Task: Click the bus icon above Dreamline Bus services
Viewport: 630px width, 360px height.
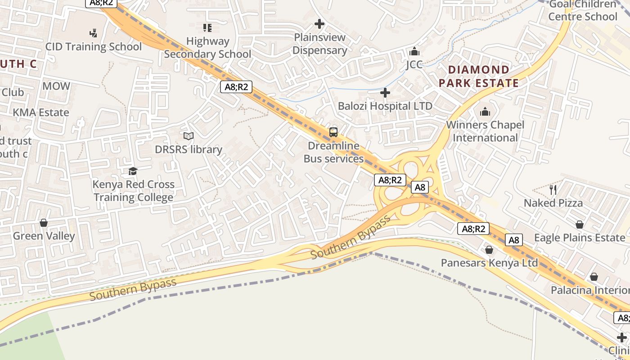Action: pos(333,132)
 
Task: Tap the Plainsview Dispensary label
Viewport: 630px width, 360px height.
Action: pos(319,44)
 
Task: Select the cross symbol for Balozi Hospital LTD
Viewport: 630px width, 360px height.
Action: pos(385,93)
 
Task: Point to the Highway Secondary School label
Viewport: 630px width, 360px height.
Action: pos(207,47)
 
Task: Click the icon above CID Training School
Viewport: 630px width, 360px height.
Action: pos(93,33)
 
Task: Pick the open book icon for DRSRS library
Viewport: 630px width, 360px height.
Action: pos(189,136)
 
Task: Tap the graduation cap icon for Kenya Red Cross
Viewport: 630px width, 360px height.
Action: pos(133,171)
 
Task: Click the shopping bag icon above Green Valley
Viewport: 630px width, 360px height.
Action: pos(44,223)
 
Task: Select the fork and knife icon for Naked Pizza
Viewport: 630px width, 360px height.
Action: pos(553,189)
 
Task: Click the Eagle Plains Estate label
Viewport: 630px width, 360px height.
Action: pos(579,238)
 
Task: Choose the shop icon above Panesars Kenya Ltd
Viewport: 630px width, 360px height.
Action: pos(489,250)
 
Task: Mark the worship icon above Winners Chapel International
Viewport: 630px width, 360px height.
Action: pos(485,112)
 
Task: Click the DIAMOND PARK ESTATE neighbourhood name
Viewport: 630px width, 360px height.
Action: pos(479,76)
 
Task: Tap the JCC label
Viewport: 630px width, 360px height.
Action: pos(414,64)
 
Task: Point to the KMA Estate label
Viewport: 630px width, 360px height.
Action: pos(41,112)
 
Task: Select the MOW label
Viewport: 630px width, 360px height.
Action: pos(56,86)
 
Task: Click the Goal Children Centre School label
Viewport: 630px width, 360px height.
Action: pos(583,10)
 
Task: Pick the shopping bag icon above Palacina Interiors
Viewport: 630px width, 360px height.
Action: pos(594,277)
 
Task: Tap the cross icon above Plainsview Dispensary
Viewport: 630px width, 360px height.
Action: pos(319,24)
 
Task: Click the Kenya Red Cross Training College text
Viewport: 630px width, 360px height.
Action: pos(133,191)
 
